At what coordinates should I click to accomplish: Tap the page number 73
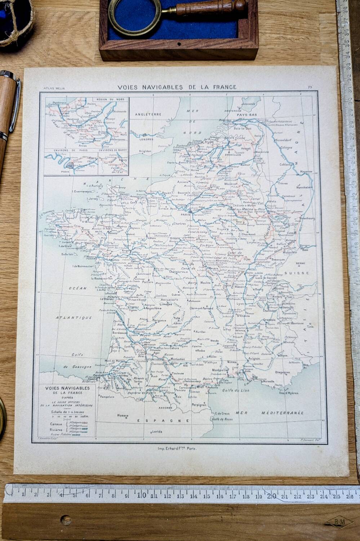[310, 87]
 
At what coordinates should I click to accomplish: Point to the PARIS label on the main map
[185, 214]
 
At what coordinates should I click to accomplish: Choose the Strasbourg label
[306, 219]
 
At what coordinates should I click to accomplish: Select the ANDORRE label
[165, 408]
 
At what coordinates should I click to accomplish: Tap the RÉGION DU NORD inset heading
[110, 99]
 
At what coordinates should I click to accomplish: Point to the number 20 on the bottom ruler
[271, 496]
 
